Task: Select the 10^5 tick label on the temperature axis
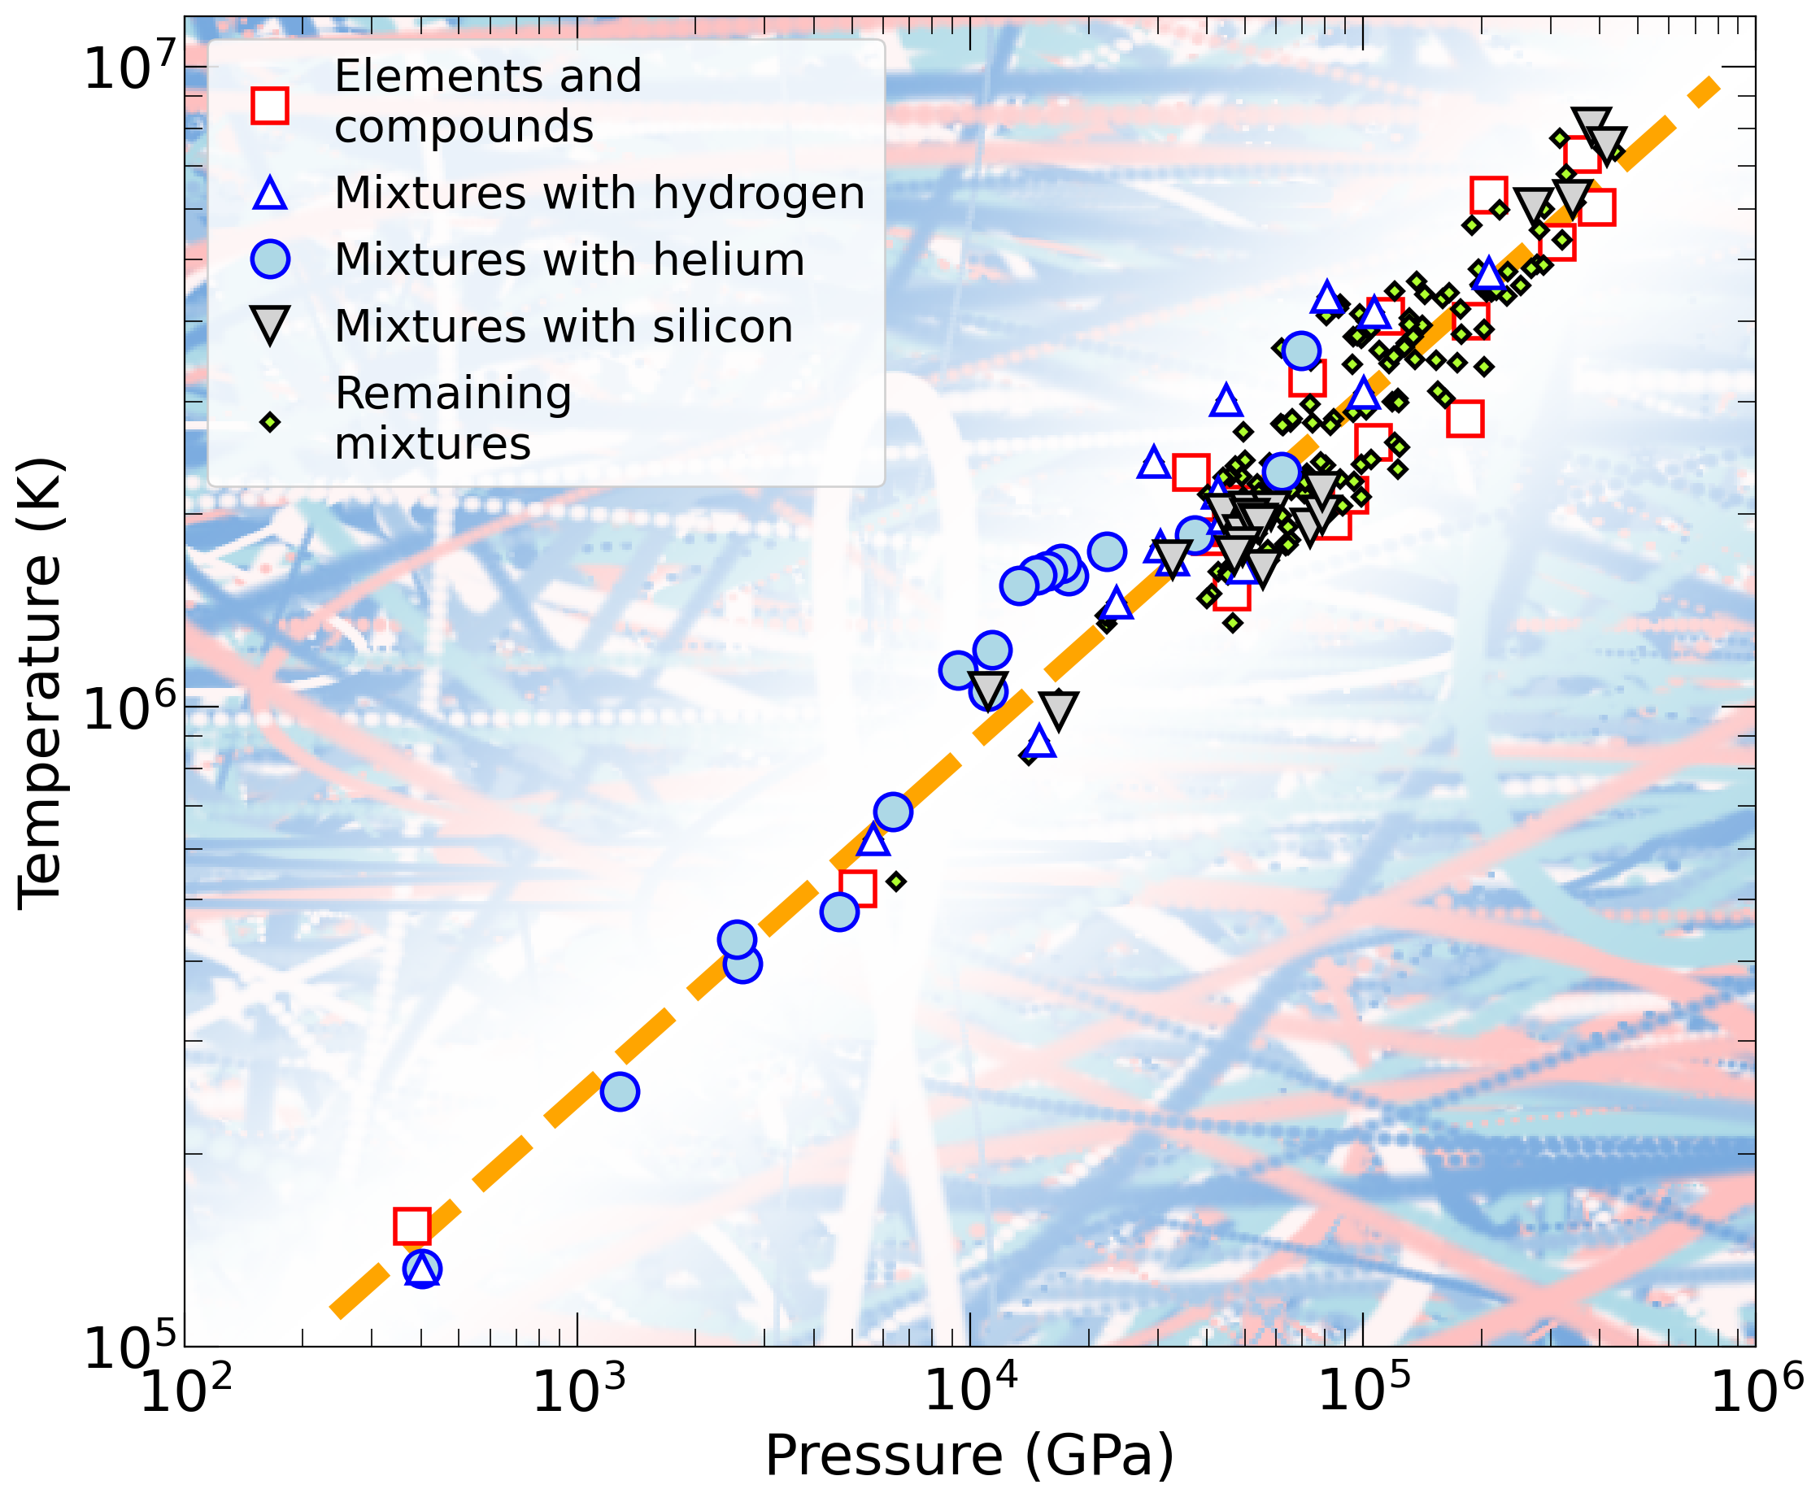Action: coord(131,1347)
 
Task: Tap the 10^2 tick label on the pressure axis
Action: coord(185,1394)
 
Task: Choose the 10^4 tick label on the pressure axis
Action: coord(970,1394)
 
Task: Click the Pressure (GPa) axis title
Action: coord(969,1456)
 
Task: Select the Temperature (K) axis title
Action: coord(41,684)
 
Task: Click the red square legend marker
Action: coord(270,106)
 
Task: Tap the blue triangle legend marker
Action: coord(270,193)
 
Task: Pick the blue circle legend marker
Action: coord(270,259)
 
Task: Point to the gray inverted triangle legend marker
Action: coord(270,324)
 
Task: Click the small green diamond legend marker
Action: coord(270,422)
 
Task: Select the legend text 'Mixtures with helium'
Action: coord(569,259)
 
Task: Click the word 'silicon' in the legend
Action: coord(722,326)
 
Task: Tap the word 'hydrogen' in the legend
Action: coord(759,193)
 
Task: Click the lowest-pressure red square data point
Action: coord(411,1226)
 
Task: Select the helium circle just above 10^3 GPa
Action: coord(620,1092)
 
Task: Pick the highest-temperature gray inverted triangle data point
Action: coord(1591,124)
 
